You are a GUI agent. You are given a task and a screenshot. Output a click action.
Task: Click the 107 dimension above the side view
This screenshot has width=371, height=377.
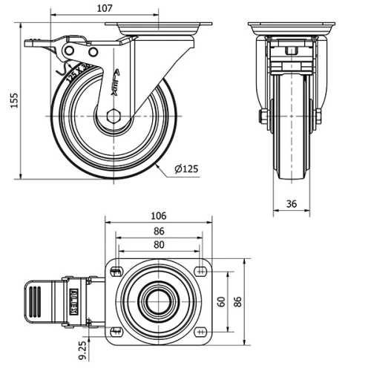tap(105, 9)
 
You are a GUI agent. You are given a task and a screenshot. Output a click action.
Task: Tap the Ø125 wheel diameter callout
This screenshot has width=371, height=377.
tap(186, 169)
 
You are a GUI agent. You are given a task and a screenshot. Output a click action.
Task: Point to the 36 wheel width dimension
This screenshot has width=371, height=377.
tap(291, 203)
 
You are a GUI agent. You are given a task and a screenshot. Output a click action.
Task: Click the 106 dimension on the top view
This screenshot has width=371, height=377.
tap(158, 216)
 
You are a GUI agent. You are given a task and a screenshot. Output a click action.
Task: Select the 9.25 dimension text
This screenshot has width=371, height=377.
tap(82, 350)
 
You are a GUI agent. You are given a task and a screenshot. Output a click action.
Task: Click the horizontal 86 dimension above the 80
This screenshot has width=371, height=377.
tap(158, 231)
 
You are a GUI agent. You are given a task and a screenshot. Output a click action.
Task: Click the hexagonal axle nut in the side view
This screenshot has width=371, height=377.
tap(112, 116)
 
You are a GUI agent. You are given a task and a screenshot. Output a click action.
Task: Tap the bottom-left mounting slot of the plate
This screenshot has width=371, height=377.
tap(114, 331)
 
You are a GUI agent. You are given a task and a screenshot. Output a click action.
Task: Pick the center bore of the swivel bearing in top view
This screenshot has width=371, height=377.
tap(157, 301)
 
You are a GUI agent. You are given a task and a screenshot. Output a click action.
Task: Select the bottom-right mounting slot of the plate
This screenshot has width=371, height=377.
tap(202, 331)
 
